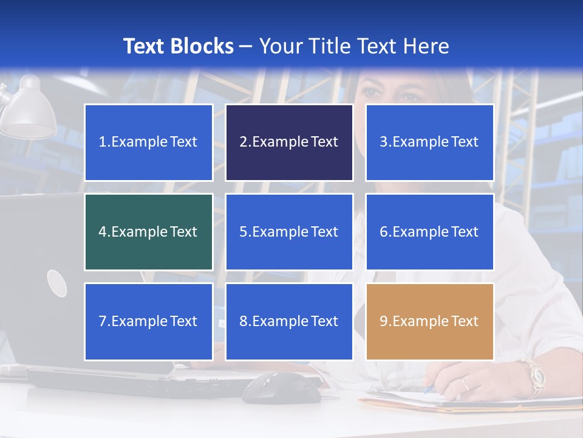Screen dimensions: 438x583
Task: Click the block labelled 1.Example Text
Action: [x=148, y=142]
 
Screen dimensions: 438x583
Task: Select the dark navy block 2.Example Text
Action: [x=289, y=142]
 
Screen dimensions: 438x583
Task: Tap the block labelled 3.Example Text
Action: [x=429, y=142]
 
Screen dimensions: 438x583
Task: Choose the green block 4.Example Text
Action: [x=148, y=232]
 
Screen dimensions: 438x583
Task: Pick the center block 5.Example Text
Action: [x=289, y=232]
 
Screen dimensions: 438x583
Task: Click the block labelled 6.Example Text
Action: [x=429, y=232]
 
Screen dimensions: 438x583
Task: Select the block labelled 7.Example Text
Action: [x=148, y=321]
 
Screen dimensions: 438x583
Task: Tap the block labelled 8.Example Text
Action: [x=289, y=321]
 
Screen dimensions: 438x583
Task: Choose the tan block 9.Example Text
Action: [x=429, y=321]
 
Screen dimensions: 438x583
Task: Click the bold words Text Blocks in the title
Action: [x=179, y=46]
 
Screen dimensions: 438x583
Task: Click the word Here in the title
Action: [x=428, y=46]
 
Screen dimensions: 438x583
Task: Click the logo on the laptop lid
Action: [x=56, y=283]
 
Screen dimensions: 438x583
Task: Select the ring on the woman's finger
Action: [x=465, y=384]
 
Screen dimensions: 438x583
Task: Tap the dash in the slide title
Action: [x=246, y=46]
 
